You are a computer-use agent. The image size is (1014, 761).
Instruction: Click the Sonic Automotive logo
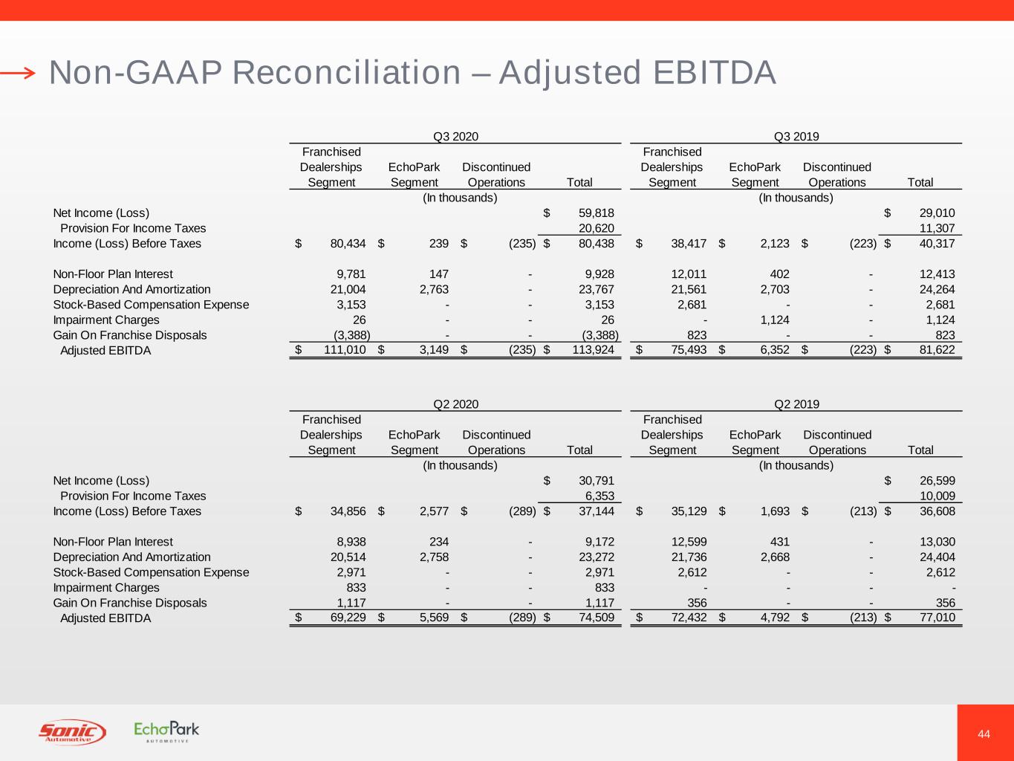[72, 732]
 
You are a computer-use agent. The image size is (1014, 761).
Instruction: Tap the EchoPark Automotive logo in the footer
[166, 732]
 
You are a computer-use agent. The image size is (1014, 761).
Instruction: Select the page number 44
[984, 734]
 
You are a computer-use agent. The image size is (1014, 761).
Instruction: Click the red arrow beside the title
[18, 73]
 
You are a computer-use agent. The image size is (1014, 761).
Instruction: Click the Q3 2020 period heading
[455, 136]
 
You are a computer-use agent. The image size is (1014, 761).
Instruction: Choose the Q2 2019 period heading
[796, 404]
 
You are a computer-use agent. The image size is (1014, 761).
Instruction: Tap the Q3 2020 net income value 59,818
[596, 213]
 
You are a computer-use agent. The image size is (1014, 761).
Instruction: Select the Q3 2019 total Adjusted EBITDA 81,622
[937, 350]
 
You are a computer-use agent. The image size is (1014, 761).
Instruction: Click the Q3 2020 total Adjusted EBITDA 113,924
[593, 350]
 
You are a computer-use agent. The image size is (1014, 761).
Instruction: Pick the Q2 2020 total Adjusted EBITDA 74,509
[597, 618]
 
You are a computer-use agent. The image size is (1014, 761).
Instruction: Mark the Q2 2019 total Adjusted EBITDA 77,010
[937, 618]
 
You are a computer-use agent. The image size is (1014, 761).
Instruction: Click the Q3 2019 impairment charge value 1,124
[775, 320]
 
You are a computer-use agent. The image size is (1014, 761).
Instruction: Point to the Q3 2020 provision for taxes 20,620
[597, 228]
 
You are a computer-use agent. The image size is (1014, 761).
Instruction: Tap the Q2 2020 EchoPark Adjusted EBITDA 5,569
[435, 618]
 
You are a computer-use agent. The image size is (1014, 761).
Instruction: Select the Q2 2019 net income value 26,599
[937, 481]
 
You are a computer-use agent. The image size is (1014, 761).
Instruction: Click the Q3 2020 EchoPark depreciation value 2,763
[435, 289]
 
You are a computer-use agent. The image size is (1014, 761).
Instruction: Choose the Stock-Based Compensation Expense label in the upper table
[151, 305]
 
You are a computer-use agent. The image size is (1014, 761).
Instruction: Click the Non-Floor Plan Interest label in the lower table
[113, 542]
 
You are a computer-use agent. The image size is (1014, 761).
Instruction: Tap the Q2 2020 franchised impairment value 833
[356, 587]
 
